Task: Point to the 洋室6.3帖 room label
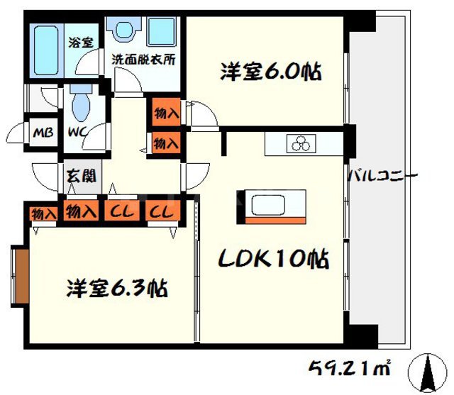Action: pos(117,289)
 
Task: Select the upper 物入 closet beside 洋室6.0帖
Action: pos(165,111)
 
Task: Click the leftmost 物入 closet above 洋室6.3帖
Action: pos(43,213)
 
